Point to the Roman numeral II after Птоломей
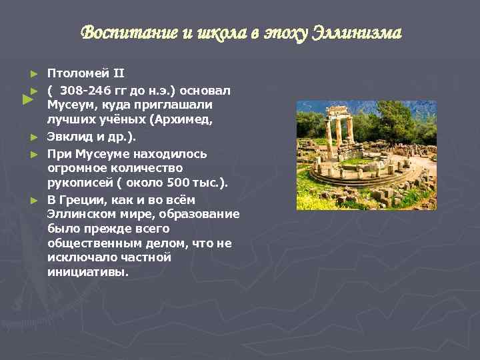pyautogui.click(x=117, y=73)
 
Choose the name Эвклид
pyautogui.click(x=69, y=137)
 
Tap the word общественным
pyautogui.click(x=93, y=243)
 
